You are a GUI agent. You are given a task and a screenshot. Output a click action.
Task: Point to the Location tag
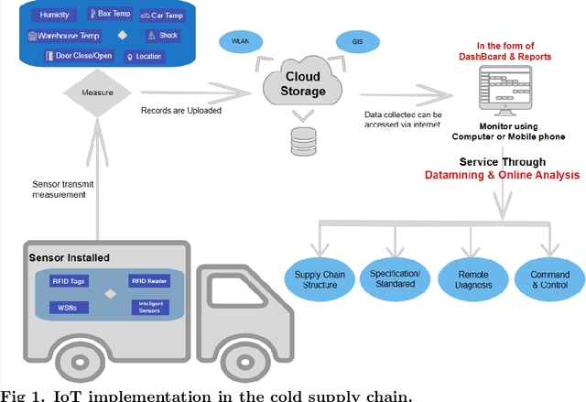(145, 57)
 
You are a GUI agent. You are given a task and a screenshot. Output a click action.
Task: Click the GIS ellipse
(353, 42)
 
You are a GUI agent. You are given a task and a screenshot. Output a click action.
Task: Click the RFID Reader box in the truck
(150, 282)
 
